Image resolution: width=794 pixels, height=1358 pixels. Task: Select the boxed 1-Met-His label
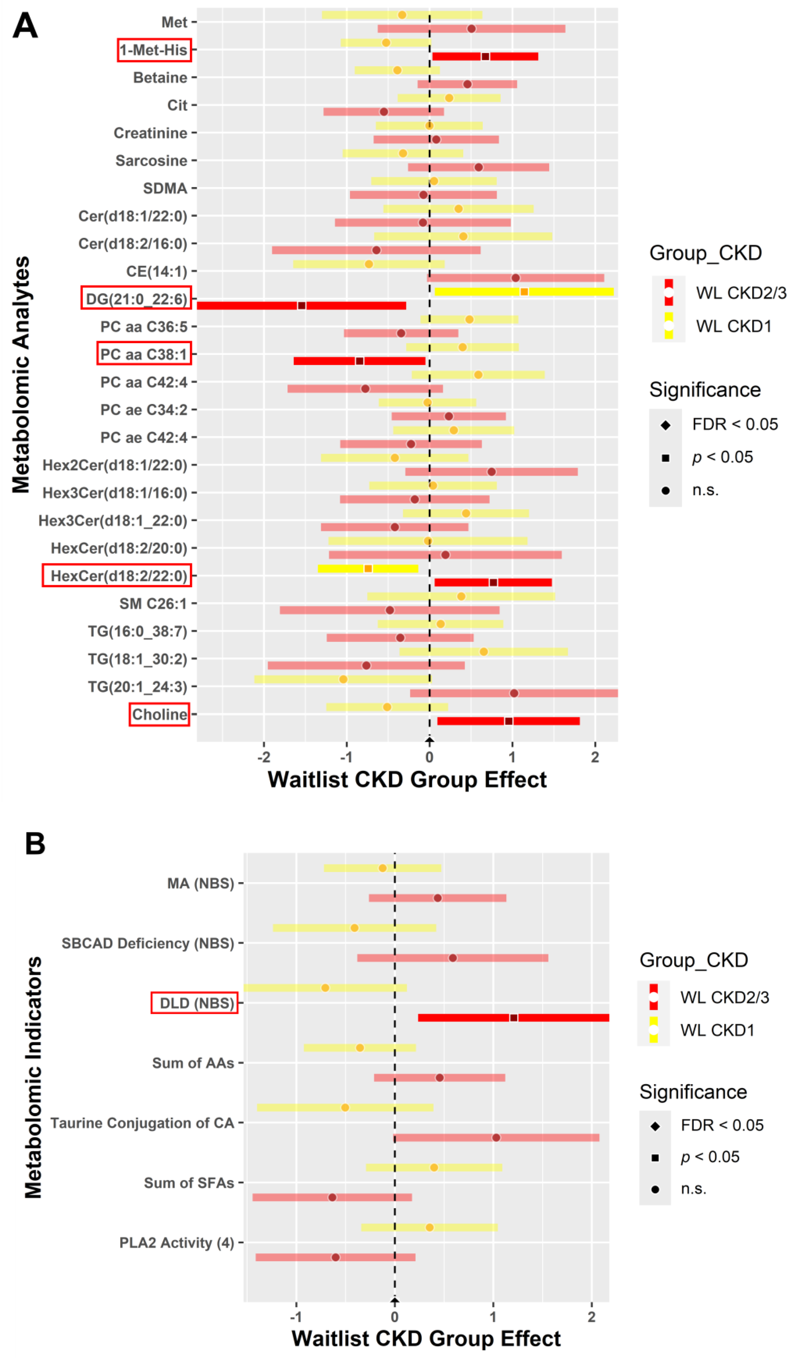(x=154, y=50)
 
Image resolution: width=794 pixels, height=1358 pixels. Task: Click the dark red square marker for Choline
(x=509, y=721)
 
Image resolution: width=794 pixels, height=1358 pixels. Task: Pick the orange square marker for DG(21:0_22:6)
(x=524, y=292)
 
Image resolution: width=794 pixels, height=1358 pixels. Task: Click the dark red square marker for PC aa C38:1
(x=360, y=361)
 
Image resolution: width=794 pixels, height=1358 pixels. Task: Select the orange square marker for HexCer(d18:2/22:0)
(x=368, y=569)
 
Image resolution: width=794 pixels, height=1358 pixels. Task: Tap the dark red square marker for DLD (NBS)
(x=513, y=1017)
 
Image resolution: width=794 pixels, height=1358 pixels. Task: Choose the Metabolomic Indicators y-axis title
(x=34, y=1078)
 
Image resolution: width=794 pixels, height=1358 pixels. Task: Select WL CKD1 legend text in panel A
(x=734, y=326)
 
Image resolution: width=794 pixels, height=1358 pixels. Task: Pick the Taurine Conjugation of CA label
(x=142, y=1123)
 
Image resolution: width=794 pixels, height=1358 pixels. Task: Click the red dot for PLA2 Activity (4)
(x=335, y=1257)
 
